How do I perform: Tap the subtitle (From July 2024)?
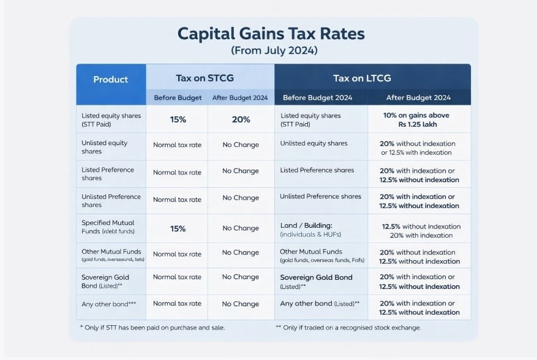274,50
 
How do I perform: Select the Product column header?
111,80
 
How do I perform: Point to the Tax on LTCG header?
361,78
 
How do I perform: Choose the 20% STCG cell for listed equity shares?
241,120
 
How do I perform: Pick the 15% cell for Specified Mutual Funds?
178,228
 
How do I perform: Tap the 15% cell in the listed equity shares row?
178,120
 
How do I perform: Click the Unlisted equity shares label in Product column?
105,147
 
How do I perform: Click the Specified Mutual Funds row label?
108,227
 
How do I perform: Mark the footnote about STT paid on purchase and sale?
152,328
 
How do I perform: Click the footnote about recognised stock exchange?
348,328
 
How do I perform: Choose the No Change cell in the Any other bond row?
241,304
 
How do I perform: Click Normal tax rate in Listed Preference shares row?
177,173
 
